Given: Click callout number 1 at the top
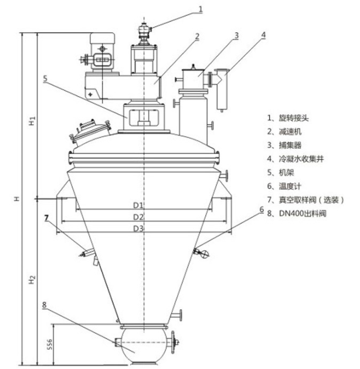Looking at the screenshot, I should (x=200, y=9).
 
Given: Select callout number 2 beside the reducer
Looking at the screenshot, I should (x=197, y=36).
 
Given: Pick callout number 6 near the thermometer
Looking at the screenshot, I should (x=261, y=210).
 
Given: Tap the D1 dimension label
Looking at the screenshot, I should (x=138, y=205).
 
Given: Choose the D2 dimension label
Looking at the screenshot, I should (x=138, y=217).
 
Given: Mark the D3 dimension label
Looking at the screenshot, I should (x=138, y=228).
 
